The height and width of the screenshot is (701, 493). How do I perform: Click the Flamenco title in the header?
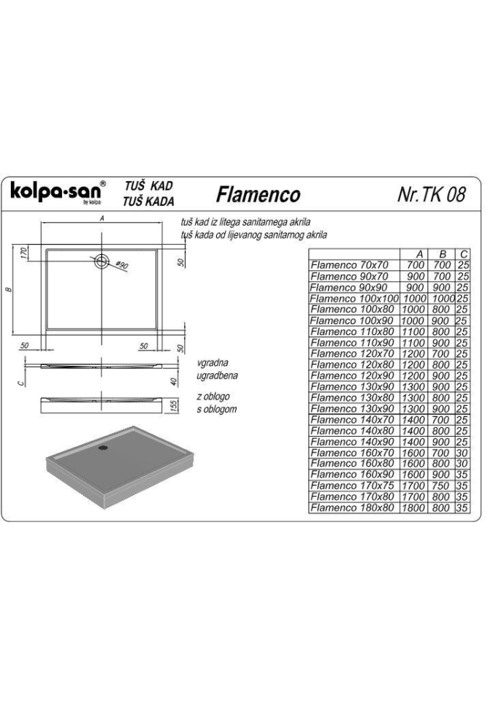(x=258, y=194)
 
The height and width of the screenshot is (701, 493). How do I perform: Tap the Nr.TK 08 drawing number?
(x=431, y=194)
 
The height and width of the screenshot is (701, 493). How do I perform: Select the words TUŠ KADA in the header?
(x=148, y=202)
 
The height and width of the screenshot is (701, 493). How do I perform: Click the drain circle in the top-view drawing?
(x=102, y=261)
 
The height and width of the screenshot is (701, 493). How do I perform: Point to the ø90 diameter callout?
(x=121, y=265)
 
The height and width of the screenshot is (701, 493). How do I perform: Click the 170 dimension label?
(x=24, y=252)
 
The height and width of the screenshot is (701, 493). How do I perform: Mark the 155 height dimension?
(x=175, y=405)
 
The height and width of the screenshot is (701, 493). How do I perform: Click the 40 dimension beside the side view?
(x=175, y=381)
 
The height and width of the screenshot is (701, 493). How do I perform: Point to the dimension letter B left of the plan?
(x=9, y=290)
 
